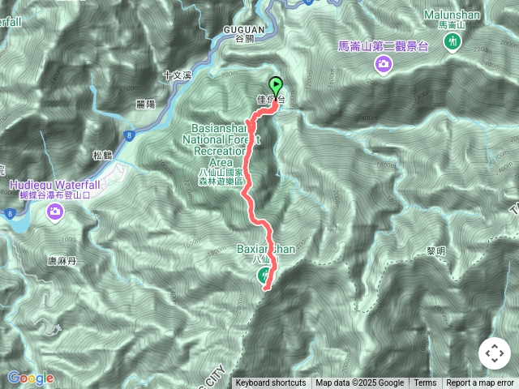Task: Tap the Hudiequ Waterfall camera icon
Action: (55, 212)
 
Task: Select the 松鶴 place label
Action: (101, 155)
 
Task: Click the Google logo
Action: (30, 378)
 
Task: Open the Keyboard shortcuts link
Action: (271, 383)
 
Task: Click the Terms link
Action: (425, 383)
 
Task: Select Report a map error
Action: (480, 383)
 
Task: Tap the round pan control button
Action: (495, 353)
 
